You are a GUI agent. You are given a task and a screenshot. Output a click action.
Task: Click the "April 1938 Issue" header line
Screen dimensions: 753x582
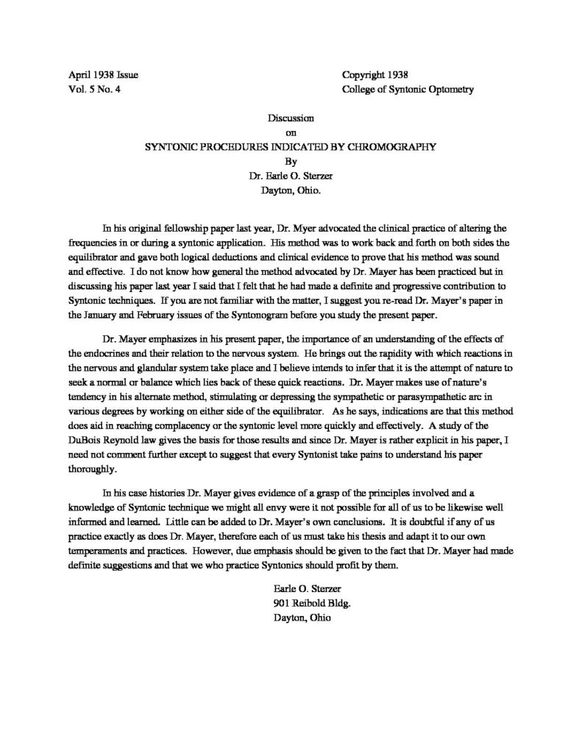92,76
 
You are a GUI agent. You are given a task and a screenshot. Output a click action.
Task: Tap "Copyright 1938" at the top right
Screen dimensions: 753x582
375,76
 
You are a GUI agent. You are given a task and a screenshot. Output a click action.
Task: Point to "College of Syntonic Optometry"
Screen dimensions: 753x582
408,90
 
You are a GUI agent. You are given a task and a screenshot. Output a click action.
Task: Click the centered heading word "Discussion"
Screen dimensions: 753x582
292,118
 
